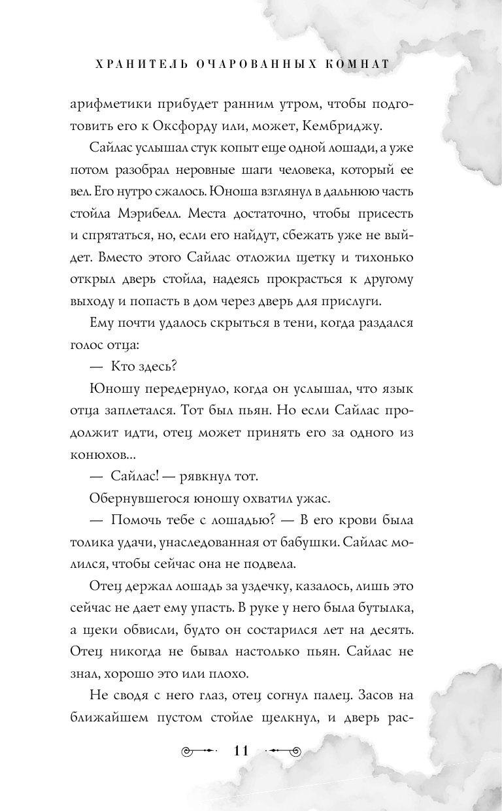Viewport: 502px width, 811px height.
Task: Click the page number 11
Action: (241, 750)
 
